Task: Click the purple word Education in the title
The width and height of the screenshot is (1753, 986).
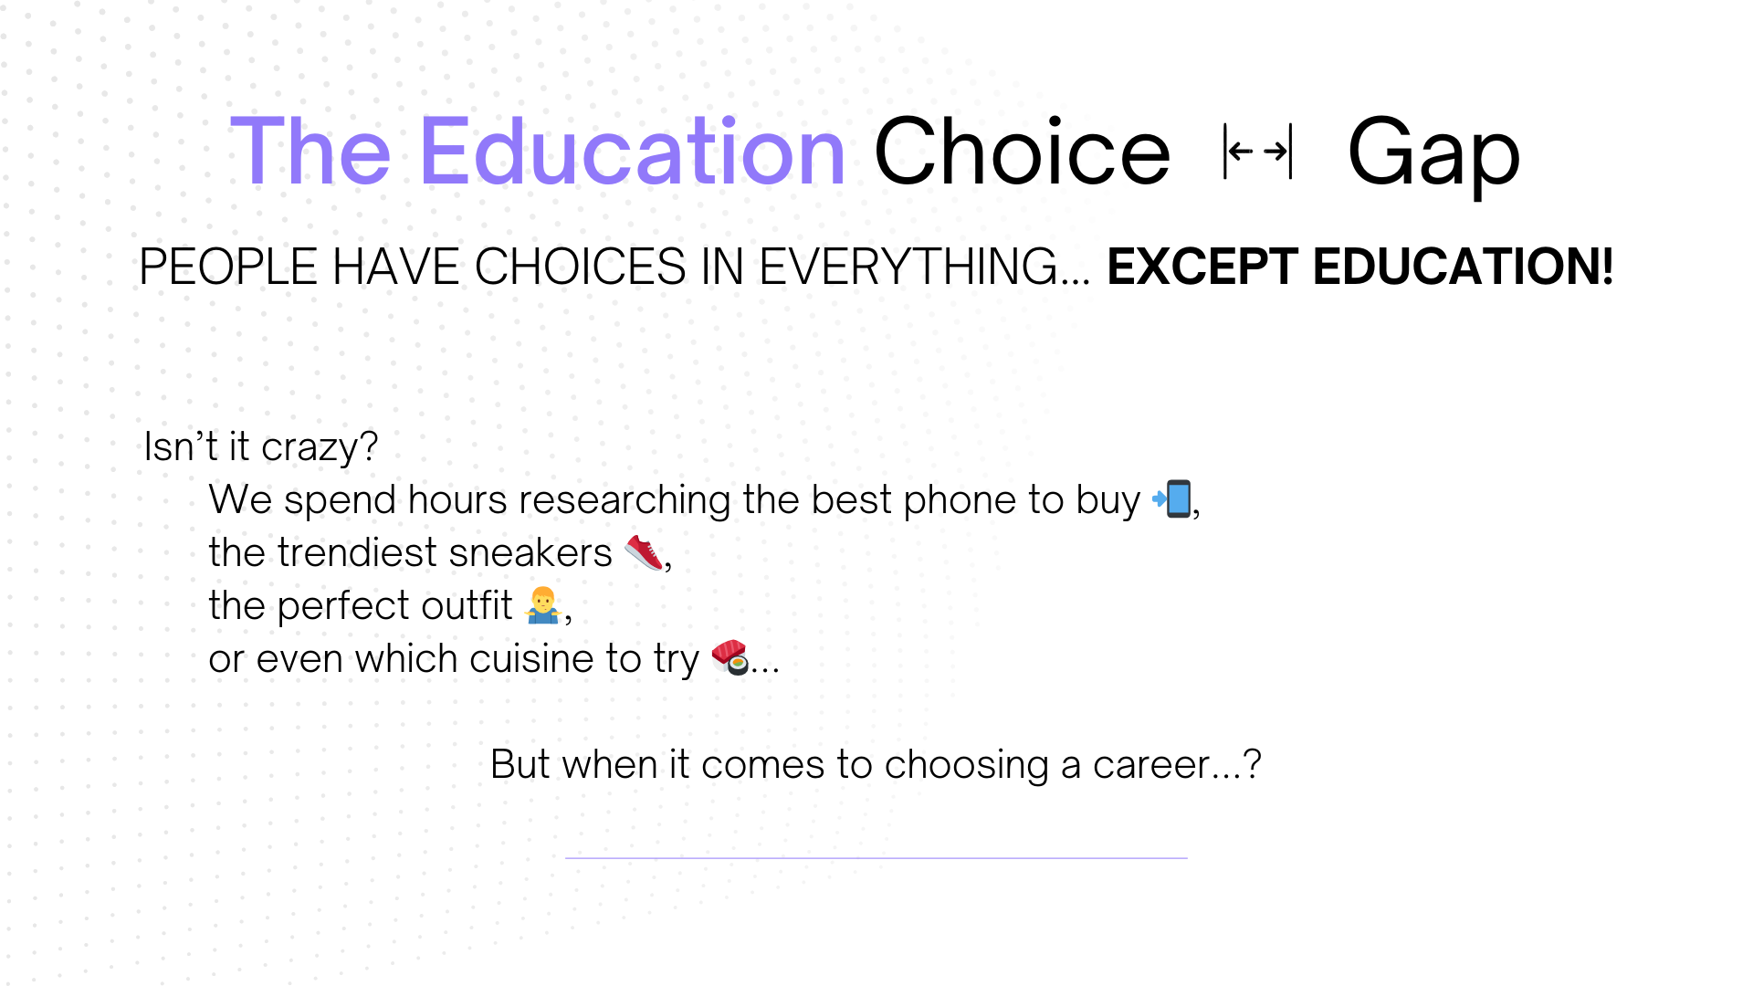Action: (632, 152)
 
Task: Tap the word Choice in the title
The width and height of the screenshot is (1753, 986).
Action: (1022, 152)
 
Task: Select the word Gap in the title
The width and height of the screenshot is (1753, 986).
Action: (1433, 155)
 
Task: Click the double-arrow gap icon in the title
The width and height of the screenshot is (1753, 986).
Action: (1258, 151)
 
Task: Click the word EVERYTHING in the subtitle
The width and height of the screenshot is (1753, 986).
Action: (924, 267)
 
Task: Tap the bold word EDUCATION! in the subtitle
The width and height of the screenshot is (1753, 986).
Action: (1464, 267)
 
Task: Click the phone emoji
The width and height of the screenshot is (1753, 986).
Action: (1171, 498)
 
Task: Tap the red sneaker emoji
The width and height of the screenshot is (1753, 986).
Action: (644, 552)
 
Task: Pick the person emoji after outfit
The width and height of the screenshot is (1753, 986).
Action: (543, 605)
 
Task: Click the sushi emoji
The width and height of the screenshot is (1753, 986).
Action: (730, 657)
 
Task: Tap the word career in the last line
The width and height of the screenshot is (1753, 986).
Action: (1151, 765)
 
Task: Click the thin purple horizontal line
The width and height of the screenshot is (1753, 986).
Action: (876, 858)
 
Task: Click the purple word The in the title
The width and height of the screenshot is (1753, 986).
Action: (310, 152)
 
